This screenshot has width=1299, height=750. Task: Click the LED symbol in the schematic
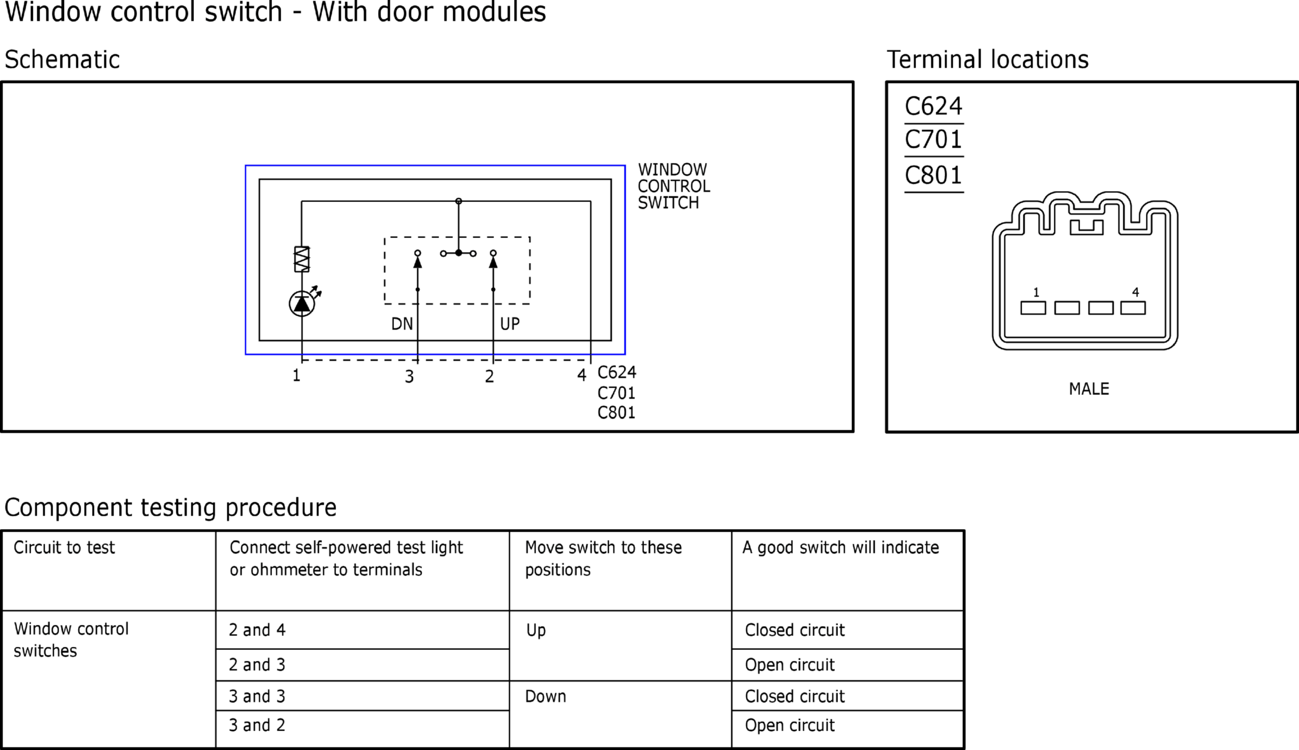[302, 303]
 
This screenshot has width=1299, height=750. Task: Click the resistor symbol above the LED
[302, 259]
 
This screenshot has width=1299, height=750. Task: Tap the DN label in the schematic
[402, 324]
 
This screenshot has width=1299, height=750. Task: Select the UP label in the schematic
[510, 324]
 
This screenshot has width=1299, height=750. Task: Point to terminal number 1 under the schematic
[296, 376]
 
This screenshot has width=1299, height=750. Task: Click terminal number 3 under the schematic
[409, 377]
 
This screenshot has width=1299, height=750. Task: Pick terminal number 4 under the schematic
[582, 375]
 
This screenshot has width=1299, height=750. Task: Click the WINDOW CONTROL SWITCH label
[673, 186]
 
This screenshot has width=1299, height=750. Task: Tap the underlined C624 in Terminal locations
[933, 107]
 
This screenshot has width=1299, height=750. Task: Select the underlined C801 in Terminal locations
[933, 176]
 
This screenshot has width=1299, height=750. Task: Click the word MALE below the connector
[1089, 389]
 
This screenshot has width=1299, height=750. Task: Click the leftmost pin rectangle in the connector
[1033, 308]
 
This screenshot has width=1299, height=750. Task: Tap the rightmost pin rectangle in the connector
[1133, 308]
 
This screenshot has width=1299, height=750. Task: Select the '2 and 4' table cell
[257, 630]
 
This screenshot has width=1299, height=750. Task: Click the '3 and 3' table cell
[257, 696]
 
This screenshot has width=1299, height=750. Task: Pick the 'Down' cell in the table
[545, 696]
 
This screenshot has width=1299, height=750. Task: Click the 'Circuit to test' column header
[64, 547]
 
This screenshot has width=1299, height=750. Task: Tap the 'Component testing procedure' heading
[170, 507]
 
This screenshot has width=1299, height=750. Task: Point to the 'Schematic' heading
[62, 60]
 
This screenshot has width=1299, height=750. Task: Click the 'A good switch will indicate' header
[840, 547]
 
